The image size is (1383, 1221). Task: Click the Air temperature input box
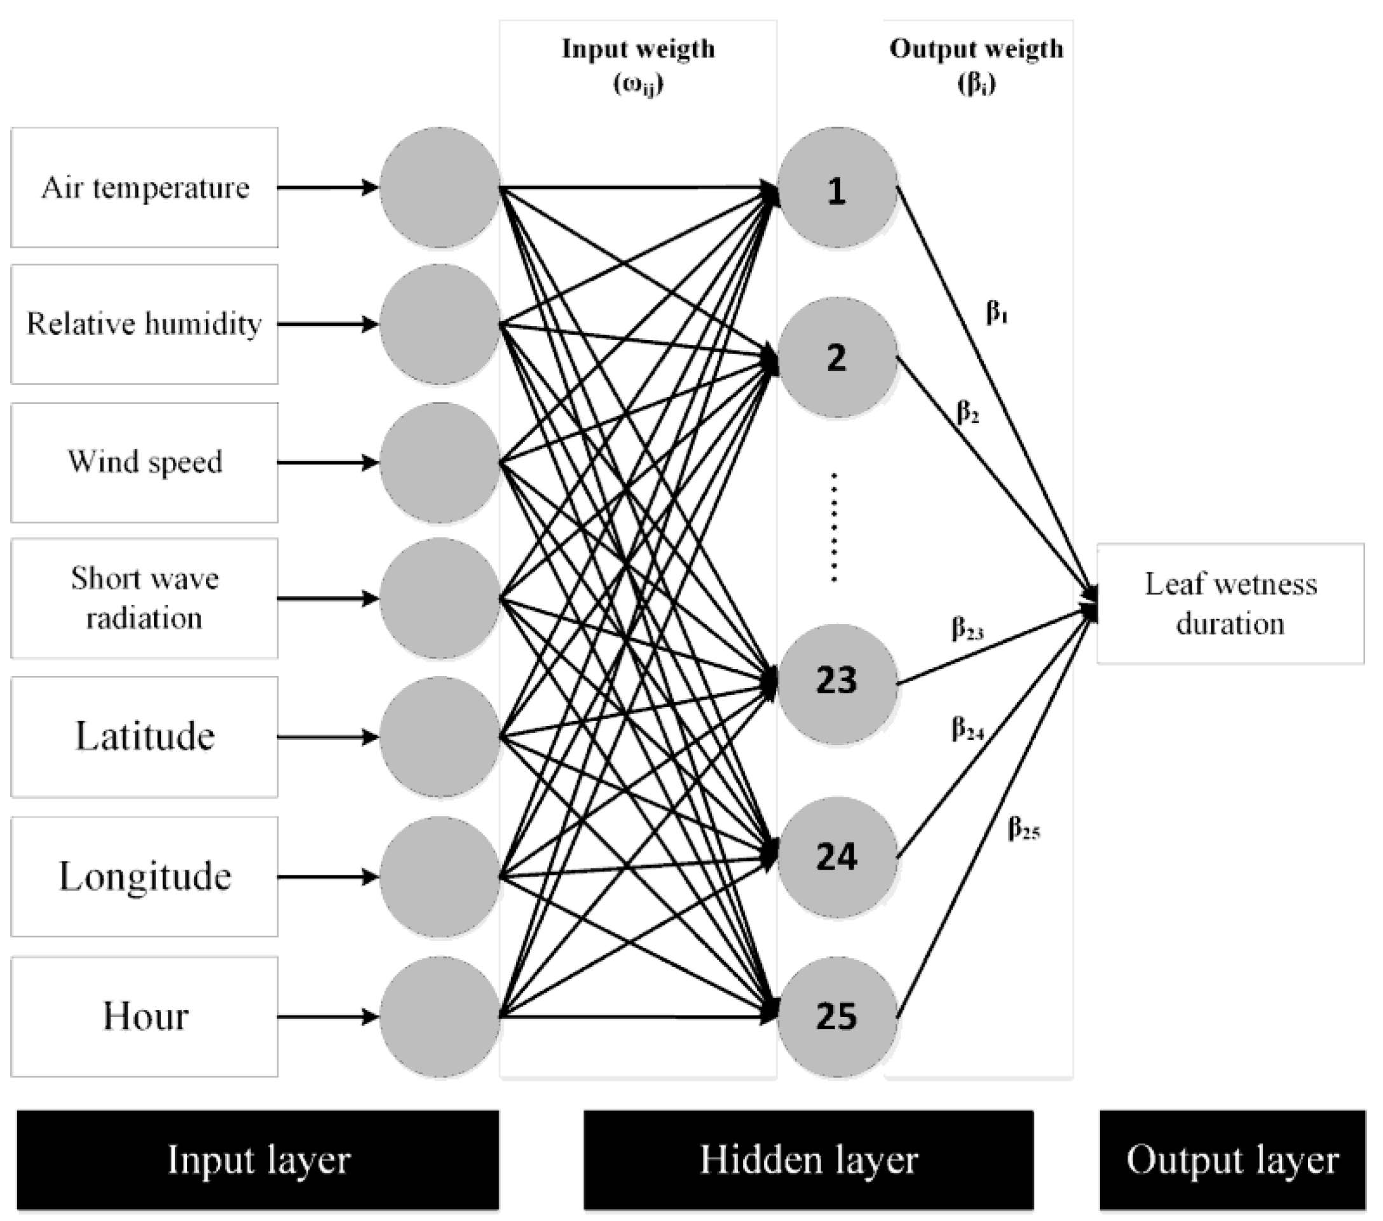144,187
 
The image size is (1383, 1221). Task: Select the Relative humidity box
144,324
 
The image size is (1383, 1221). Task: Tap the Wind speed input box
144,462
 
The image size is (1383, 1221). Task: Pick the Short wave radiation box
144,598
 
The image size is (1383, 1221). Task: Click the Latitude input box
144,737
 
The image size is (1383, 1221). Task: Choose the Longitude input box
144,877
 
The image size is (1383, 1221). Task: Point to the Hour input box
144,1016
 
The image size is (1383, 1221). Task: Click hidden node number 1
838,188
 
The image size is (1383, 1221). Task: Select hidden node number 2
838,357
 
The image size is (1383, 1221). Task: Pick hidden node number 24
838,858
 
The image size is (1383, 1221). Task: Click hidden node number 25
838,1016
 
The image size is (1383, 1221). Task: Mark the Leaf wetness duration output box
1230,604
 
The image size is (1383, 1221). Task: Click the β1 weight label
997,313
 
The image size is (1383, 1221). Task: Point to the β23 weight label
967,628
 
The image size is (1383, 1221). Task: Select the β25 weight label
1024,828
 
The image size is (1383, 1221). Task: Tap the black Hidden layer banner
808,1160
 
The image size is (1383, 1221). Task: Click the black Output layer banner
1232,1160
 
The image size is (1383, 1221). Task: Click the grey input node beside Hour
440,1016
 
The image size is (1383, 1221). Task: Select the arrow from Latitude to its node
327,737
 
